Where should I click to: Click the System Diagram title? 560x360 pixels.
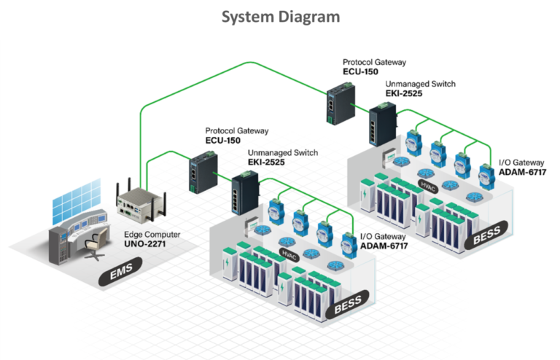coord(280,17)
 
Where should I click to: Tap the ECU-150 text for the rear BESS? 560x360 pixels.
coord(362,72)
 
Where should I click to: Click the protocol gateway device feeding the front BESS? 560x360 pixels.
coord(198,173)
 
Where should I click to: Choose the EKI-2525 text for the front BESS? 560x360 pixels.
coord(256,163)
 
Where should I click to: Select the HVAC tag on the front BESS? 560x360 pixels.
coord(289,252)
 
